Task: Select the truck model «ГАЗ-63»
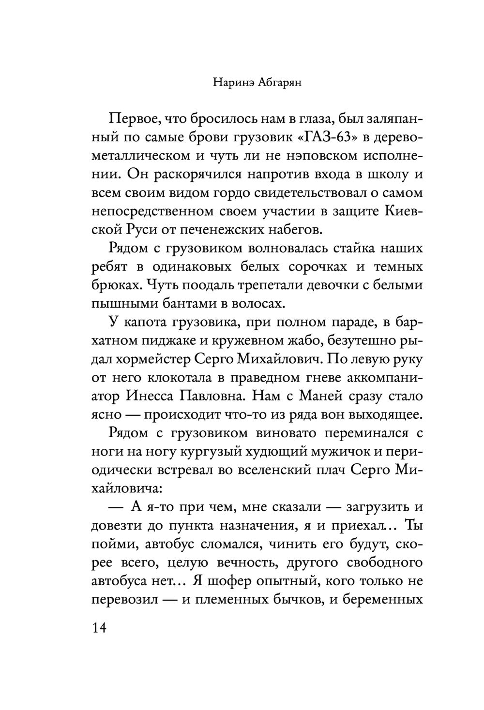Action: [326, 137]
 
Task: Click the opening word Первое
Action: [137, 119]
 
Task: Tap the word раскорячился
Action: [189, 175]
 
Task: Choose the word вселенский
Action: [261, 470]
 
